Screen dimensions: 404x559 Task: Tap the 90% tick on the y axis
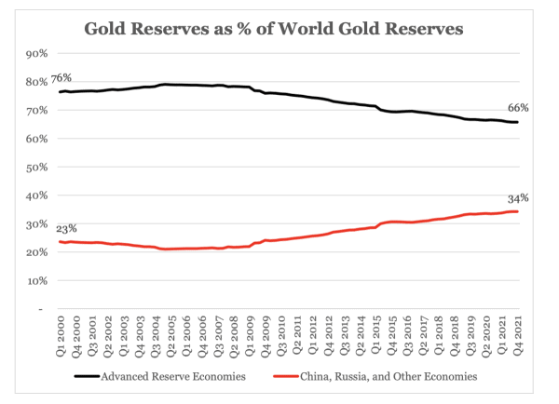(x=35, y=54)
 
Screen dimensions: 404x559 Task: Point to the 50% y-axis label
(x=35, y=167)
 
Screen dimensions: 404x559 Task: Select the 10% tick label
(x=35, y=280)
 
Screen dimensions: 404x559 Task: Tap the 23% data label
(x=66, y=229)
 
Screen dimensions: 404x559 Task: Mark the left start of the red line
(x=61, y=242)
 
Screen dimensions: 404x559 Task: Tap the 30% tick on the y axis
(x=35, y=223)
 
